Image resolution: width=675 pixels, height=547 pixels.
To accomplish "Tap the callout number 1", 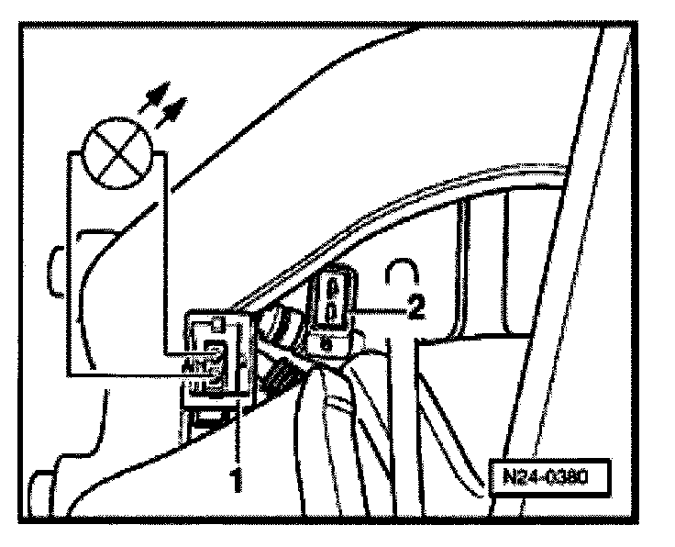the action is pos(235,478).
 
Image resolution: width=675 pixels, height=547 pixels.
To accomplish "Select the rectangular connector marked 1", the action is pos(217,359).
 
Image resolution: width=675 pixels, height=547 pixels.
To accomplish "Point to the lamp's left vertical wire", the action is pos(66,266).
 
